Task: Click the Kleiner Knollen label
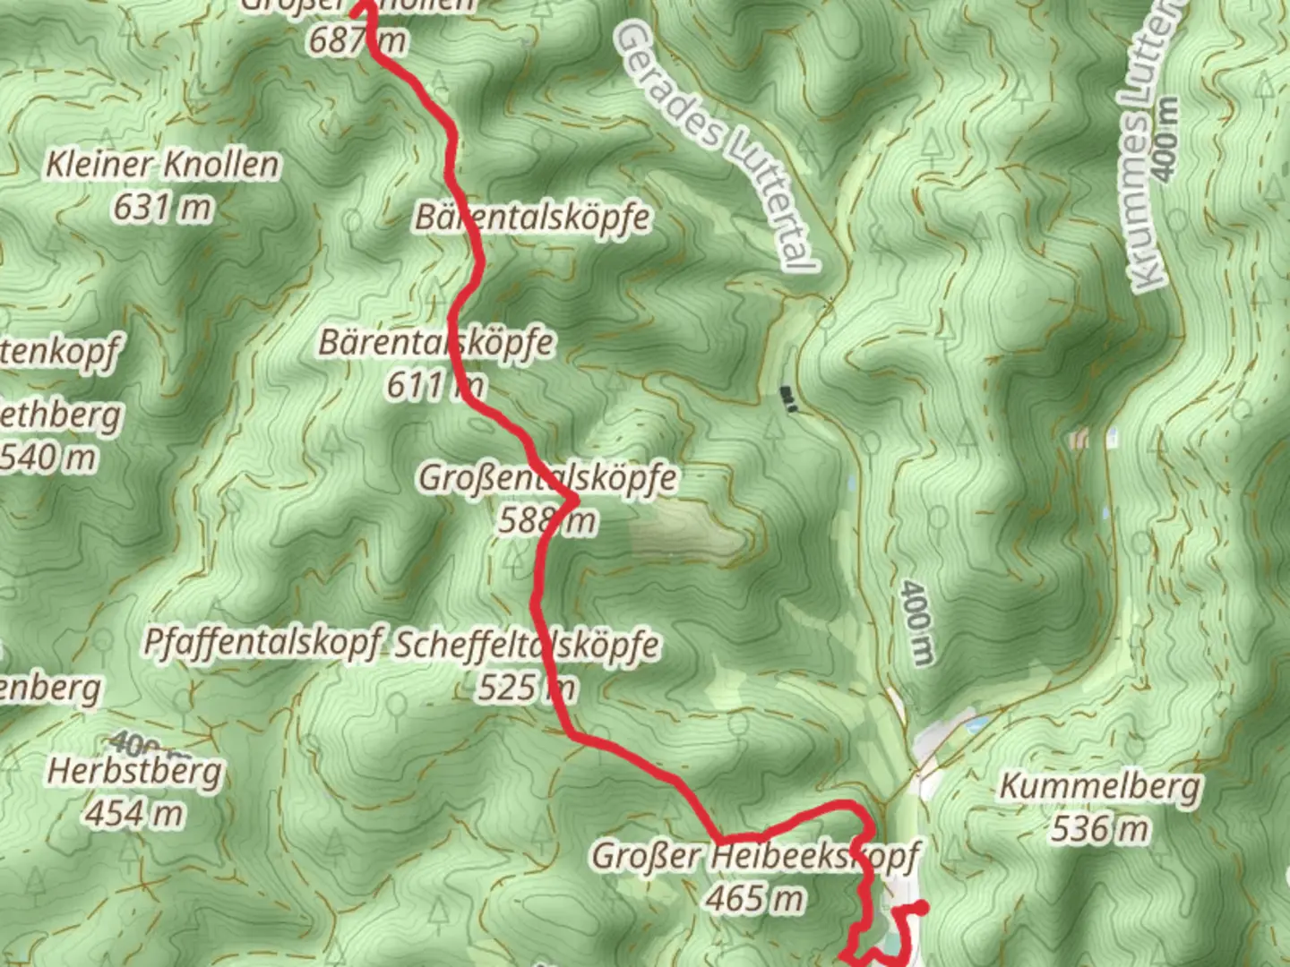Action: (x=162, y=165)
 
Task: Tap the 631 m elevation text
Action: (x=162, y=208)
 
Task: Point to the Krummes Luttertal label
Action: (x=1156, y=143)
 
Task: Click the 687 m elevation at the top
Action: (x=357, y=40)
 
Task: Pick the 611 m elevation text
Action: (x=435, y=386)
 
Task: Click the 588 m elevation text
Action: (x=546, y=520)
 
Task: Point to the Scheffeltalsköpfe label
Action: (x=528, y=645)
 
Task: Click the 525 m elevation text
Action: (x=527, y=688)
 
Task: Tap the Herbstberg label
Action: (x=134, y=771)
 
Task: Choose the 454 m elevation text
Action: (x=134, y=814)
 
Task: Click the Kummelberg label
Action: (x=1099, y=787)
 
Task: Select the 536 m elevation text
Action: (x=1099, y=829)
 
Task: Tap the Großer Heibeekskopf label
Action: (x=755, y=856)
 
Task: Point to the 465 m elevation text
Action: (x=755, y=898)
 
